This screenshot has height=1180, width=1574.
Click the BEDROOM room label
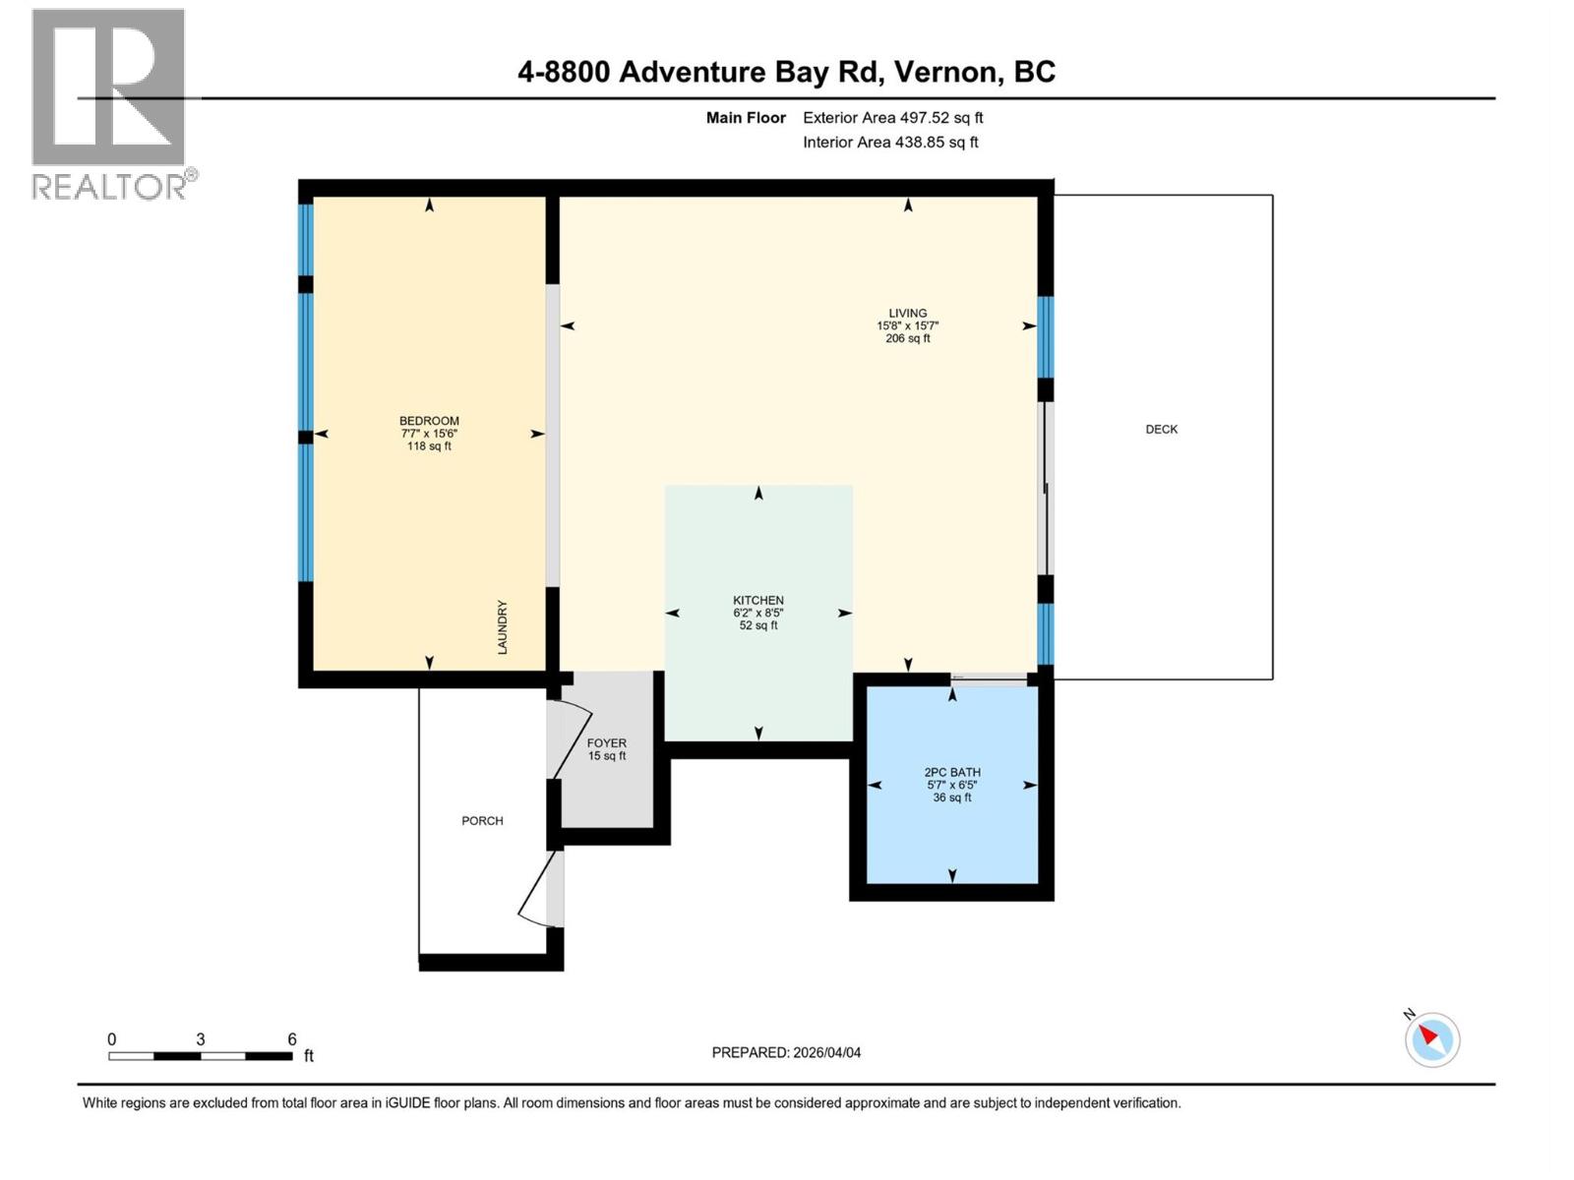pos(429,421)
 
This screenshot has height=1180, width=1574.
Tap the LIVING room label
pos(907,314)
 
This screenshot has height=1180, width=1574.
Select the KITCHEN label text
pos(757,601)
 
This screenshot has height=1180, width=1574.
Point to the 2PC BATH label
pos(951,773)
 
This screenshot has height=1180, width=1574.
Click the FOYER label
pos(606,743)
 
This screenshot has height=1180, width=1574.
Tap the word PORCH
pos(482,821)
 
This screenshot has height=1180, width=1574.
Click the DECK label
pos(1161,430)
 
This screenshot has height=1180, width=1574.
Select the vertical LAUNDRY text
pos(502,627)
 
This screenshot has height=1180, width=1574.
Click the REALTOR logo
pos(110,103)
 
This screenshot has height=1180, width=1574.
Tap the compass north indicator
pos(1431,1039)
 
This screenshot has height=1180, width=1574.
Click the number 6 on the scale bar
pos(292,1039)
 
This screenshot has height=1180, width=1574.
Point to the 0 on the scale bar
pos(112,1039)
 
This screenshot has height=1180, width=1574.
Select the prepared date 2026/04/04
pos(825,1052)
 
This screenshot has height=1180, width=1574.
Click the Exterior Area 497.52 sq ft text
pos(892,118)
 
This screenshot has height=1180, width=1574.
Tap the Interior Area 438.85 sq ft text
pos(889,143)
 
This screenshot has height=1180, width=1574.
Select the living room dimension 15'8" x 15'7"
pos(907,326)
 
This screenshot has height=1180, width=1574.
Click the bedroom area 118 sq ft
pos(429,446)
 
